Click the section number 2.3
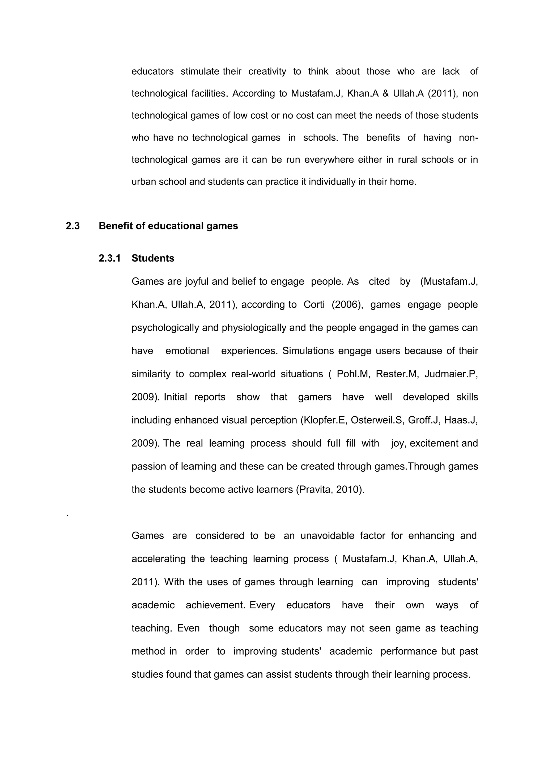(x=73, y=226)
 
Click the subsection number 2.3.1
(x=109, y=258)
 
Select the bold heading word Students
(x=153, y=258)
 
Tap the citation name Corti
(x=314, y=305)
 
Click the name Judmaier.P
(x=451, y=374)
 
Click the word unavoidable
(x=327, y=536)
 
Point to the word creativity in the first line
(x=267, y=71)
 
